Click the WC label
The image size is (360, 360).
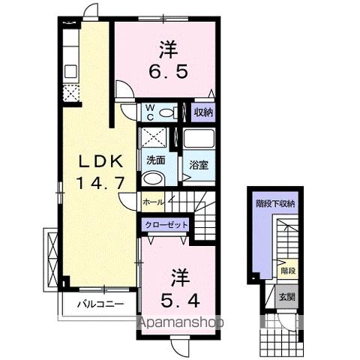click(149, 112)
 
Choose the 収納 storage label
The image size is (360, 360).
click(202, 112)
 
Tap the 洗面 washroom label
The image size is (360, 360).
click(155, 159)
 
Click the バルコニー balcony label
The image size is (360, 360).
click(98, 304)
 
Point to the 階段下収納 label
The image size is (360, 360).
click(275, 202)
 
